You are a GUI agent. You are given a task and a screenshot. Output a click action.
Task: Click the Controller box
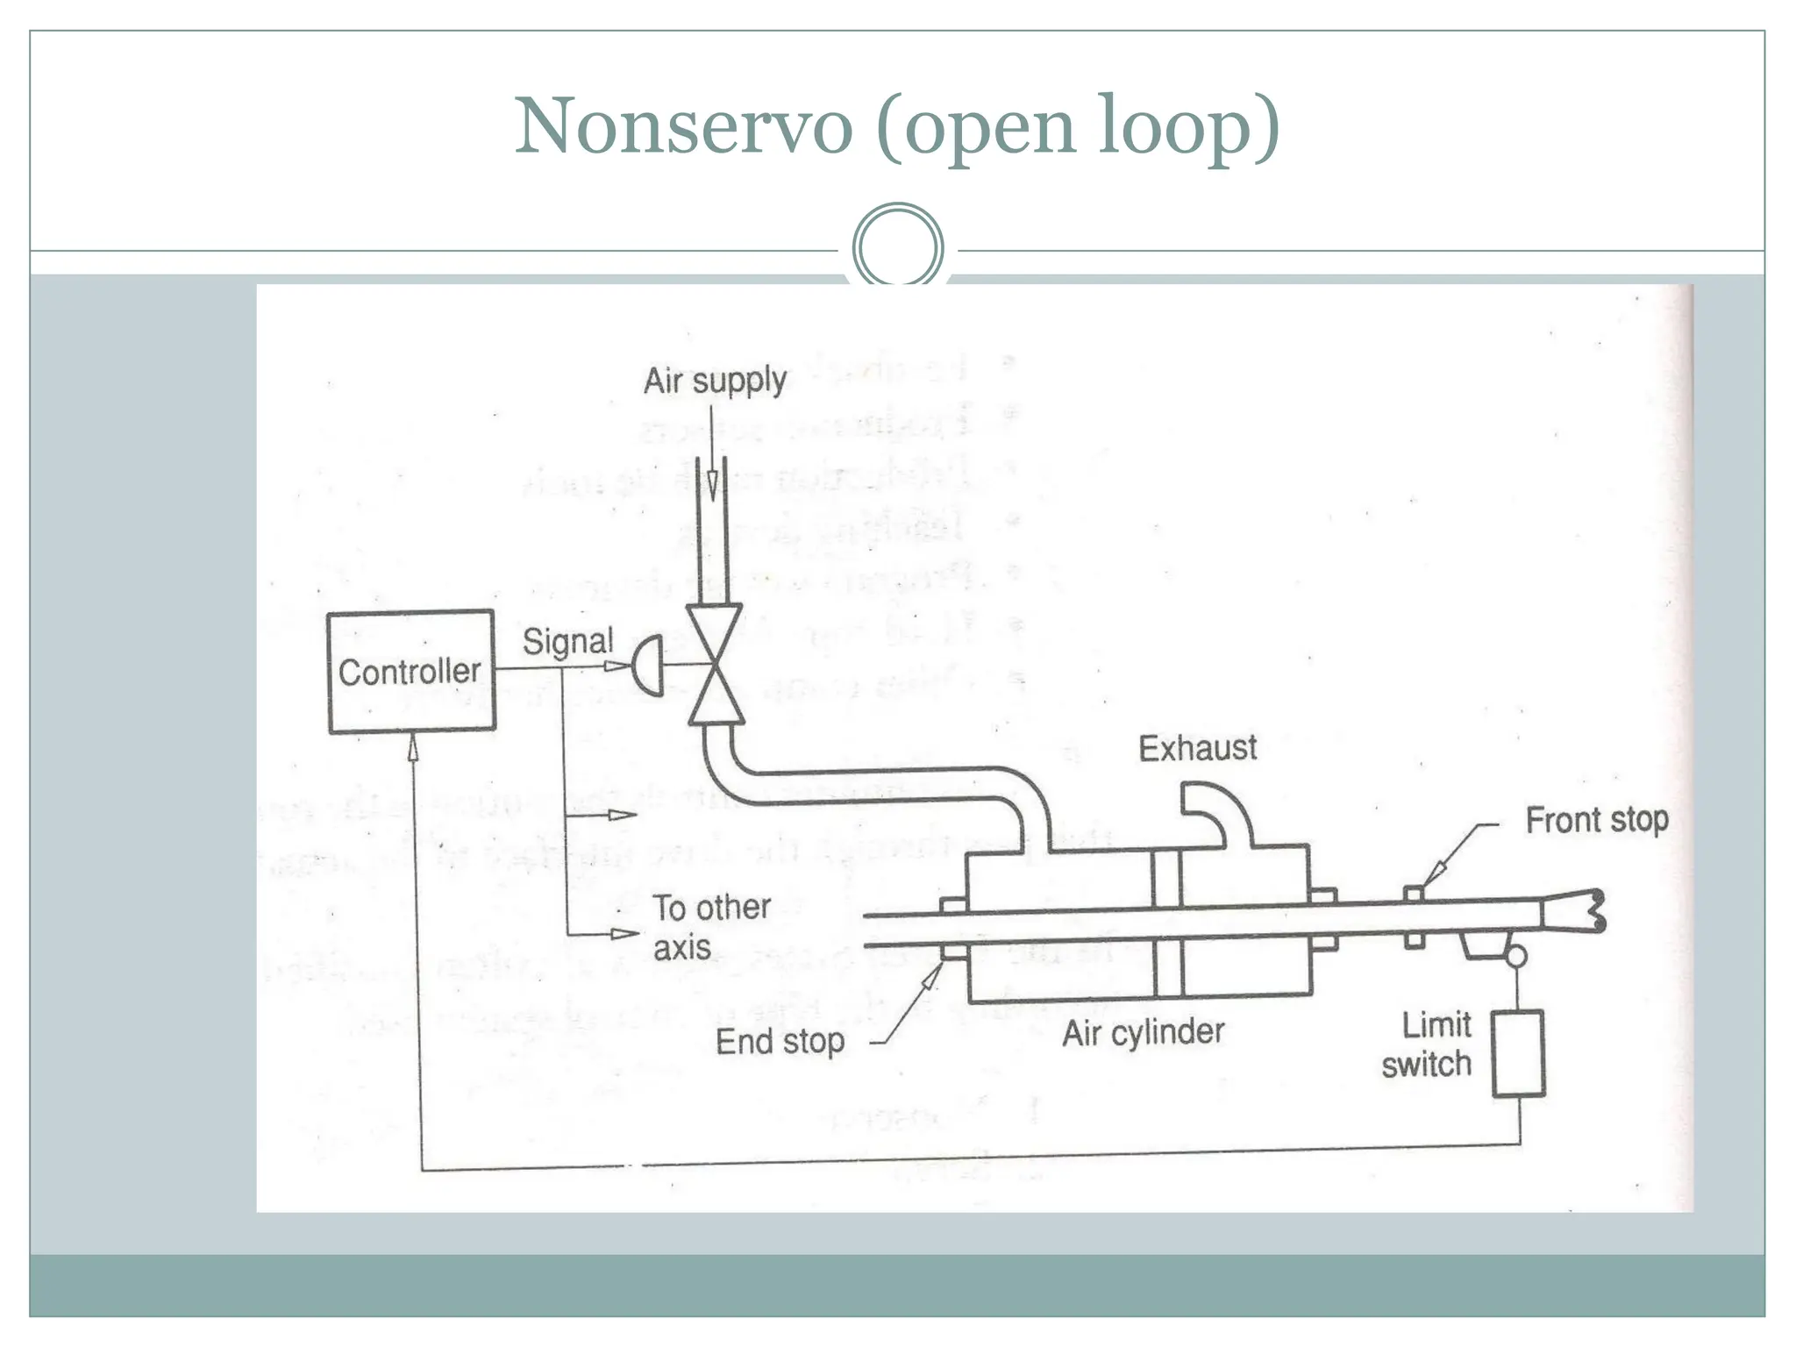[x=410, y=672]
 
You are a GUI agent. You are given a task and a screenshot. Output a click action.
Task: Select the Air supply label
[x=715, y=381]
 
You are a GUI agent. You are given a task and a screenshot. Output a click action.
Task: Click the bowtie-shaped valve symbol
[x=715, y=664]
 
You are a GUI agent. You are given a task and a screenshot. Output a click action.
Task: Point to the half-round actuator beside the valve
[x=649, y=666]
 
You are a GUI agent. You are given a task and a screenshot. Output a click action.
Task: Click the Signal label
[x=567, y=641]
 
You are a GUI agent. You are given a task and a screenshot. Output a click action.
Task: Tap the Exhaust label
[x=1197, y=748]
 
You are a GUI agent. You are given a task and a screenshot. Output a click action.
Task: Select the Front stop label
[x=1596, y=820]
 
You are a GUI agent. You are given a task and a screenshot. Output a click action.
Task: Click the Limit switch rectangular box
[x=1518, y=1053]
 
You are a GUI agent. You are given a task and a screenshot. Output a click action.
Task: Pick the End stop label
[x=780, y=1042]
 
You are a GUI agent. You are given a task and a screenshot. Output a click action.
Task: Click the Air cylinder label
[x=1143, y=1033]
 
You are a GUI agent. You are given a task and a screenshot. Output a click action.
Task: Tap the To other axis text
[x=711, y=927]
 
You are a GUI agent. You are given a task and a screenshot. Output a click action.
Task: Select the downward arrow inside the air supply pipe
[x=712, y=485]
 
